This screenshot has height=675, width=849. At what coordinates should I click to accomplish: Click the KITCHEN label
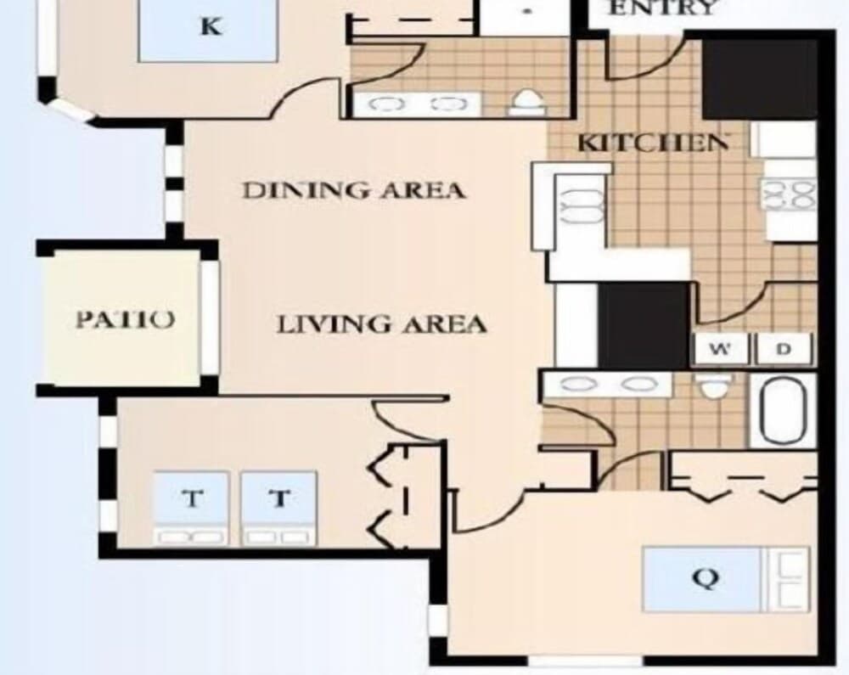point(652,143)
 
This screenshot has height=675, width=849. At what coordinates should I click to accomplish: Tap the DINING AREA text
point(353,190)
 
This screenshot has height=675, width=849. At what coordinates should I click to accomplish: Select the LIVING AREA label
point(381,324)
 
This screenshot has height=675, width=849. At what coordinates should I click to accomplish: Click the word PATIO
point(126,320)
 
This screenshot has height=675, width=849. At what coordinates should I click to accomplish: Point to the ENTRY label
point(663,9)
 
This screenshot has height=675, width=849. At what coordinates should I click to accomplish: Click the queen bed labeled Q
point(703,579)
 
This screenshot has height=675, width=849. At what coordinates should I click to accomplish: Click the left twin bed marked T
point(192,508)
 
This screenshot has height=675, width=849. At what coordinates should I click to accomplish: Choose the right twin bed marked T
point(279,508)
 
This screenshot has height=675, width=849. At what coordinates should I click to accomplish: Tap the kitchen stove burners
point(790,197)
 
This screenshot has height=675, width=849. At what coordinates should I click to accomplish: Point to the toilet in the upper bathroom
point(527,103)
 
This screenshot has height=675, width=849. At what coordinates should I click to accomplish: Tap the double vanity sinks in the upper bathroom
point(417,104)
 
